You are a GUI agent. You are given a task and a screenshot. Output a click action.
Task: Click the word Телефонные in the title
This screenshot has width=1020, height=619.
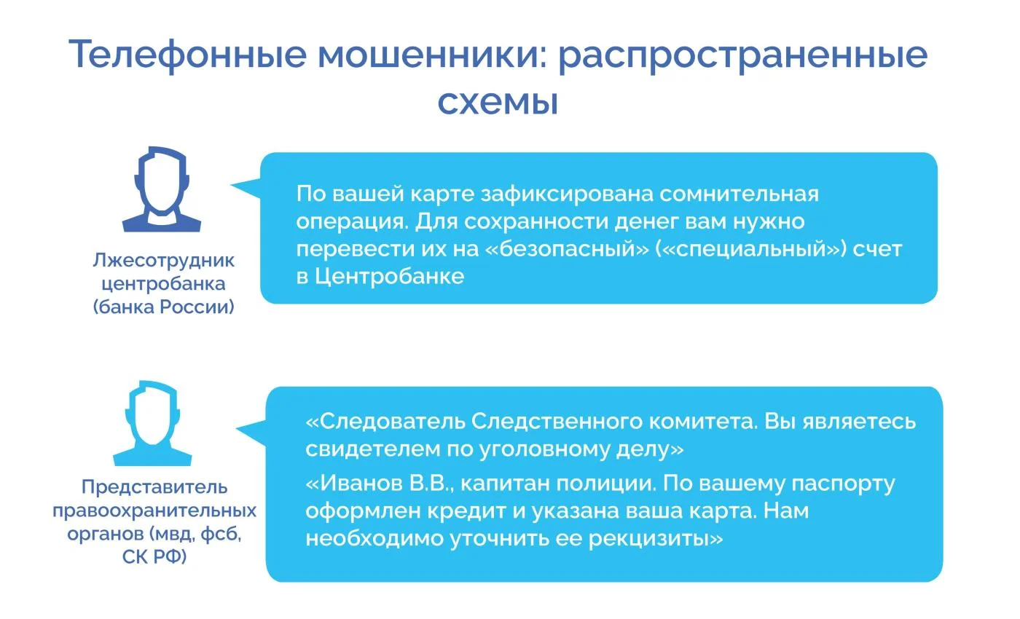188,55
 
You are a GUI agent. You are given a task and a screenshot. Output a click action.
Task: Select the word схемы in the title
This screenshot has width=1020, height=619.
498,102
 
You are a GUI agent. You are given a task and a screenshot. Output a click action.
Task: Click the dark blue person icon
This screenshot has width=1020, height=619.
162,189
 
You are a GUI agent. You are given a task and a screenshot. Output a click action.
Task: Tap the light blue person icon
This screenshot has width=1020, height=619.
152,423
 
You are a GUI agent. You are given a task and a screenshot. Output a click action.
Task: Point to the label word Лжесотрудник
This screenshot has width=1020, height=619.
163,261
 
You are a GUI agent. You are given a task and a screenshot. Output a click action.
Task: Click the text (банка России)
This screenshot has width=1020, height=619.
163,307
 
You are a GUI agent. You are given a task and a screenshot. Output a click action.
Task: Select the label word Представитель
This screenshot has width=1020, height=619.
154,487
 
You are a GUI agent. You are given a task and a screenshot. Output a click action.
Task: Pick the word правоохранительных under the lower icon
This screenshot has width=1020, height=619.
154,510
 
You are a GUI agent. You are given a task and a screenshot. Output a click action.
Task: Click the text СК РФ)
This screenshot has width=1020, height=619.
154,556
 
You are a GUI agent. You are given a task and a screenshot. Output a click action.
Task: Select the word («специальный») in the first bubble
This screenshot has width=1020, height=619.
750,249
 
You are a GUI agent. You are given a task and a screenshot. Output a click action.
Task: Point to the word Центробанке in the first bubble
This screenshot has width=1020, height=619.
389,276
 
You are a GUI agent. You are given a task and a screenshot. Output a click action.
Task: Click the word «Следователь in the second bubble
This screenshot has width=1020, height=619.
385,422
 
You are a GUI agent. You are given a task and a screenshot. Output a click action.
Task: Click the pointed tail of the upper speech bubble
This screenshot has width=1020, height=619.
232,185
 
